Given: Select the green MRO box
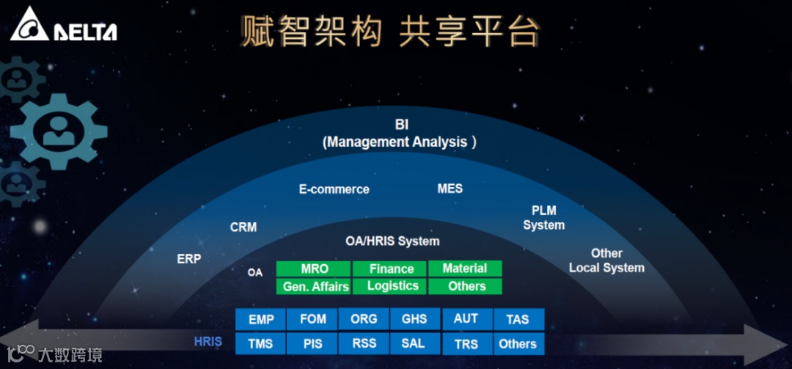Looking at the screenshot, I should [314, 268].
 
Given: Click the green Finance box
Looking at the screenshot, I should [391, 268].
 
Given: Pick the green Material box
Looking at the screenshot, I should [465, 268].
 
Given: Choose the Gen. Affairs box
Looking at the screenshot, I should [314, 286].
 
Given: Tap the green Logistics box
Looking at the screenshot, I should [391, 286].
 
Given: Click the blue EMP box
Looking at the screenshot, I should [261, 319].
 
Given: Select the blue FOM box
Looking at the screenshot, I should [312, 319].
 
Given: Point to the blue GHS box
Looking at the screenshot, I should [414, 319].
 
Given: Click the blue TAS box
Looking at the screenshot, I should [518, 319].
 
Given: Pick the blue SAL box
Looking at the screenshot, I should [414, 343].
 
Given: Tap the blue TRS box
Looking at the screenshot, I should [466, 343].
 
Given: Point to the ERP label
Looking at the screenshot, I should [189, 258].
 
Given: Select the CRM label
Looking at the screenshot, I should [243, 227].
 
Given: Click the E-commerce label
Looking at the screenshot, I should [334, 189].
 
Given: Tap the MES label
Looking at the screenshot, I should [450, 189].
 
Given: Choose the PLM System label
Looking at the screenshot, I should [544, 218].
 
